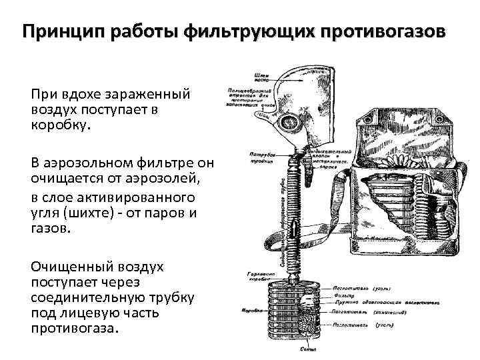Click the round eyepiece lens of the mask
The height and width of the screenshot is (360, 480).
pos(289,121)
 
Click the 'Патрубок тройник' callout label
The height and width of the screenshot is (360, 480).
pos(250,157)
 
